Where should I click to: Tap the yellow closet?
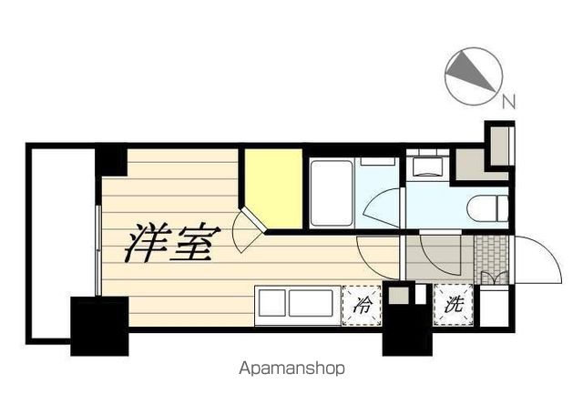pos(272,187)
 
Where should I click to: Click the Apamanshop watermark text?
pos(292,369)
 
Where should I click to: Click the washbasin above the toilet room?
pos(425,166)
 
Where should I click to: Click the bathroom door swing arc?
pos(381,207)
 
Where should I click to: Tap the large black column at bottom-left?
pos(98,326)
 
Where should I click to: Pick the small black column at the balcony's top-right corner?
pos(112,160)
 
